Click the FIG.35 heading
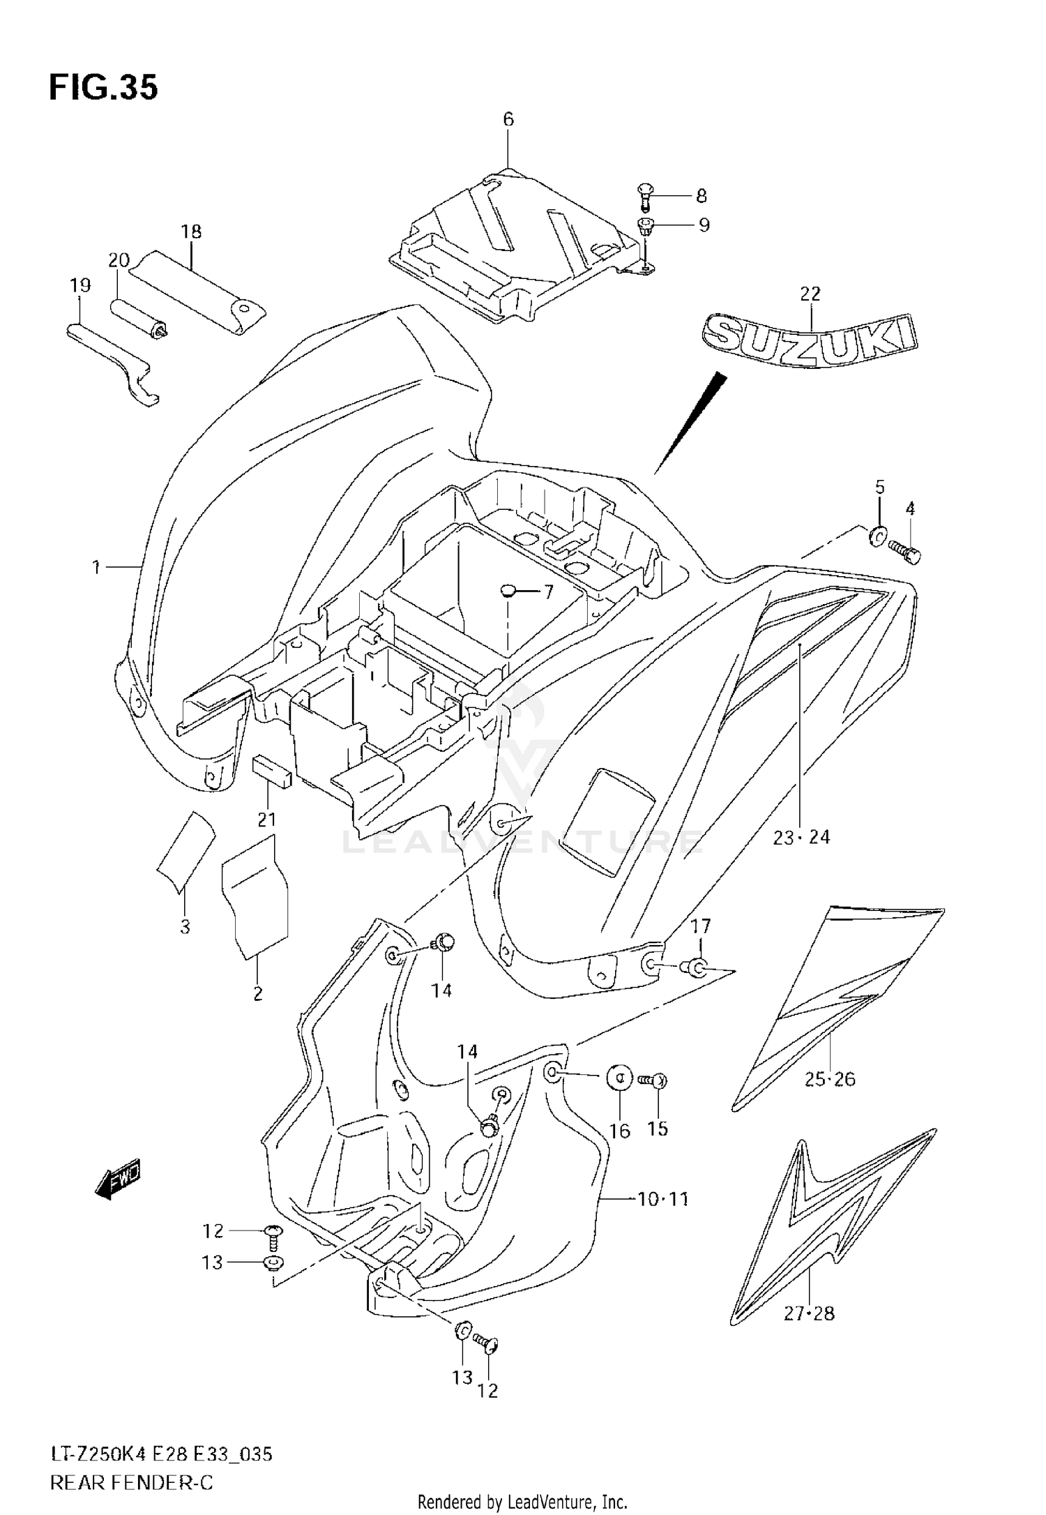point(103,88)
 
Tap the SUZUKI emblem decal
point(808,340)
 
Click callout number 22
point(810,294)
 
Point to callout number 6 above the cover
point(508,120)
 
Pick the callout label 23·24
point(801,837)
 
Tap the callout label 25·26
point(830,1080)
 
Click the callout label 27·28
point(809,1314)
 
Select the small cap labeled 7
point(508,591)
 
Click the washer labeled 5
point(878,536)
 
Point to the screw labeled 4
point(905,554)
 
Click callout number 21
point(266,820)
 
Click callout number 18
point(191,232)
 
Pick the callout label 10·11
point(662,1200)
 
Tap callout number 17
point(701,926)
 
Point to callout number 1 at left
point(96,567)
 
